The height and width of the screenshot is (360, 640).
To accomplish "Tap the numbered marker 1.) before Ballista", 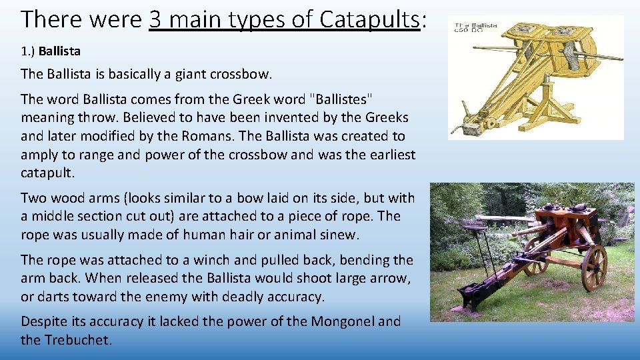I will [28, 51].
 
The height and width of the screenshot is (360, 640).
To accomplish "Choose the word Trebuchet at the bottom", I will [78, 340].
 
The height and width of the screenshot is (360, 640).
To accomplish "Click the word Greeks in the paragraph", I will [387, 118].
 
